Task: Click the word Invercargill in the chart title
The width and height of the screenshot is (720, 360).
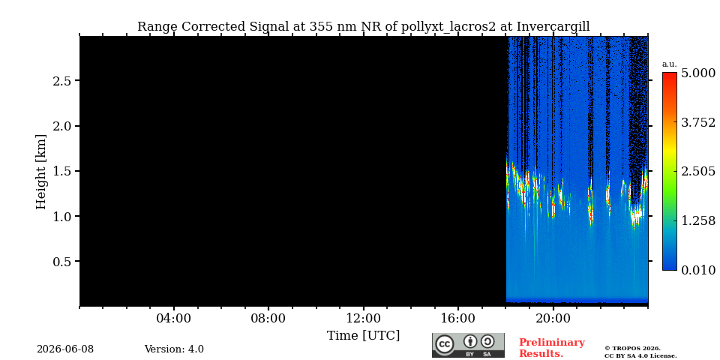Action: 553,27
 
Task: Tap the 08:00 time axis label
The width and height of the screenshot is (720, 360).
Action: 268,319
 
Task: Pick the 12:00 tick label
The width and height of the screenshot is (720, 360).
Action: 363,319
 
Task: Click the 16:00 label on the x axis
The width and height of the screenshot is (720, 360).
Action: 458,319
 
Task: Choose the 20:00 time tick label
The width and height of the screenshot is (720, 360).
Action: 553,319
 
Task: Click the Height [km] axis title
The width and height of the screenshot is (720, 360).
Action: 41,172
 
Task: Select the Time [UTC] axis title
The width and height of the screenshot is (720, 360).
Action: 363,336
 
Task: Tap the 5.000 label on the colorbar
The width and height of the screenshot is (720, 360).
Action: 698,73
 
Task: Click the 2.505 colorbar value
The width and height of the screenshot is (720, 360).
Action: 698,172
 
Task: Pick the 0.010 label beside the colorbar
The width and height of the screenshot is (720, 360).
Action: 698,270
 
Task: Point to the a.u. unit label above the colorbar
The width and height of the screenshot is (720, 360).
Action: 669,64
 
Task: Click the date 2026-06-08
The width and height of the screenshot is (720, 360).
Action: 65,349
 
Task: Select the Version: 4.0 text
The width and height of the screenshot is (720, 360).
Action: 174,349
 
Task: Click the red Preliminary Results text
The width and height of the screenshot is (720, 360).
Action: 552,348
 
